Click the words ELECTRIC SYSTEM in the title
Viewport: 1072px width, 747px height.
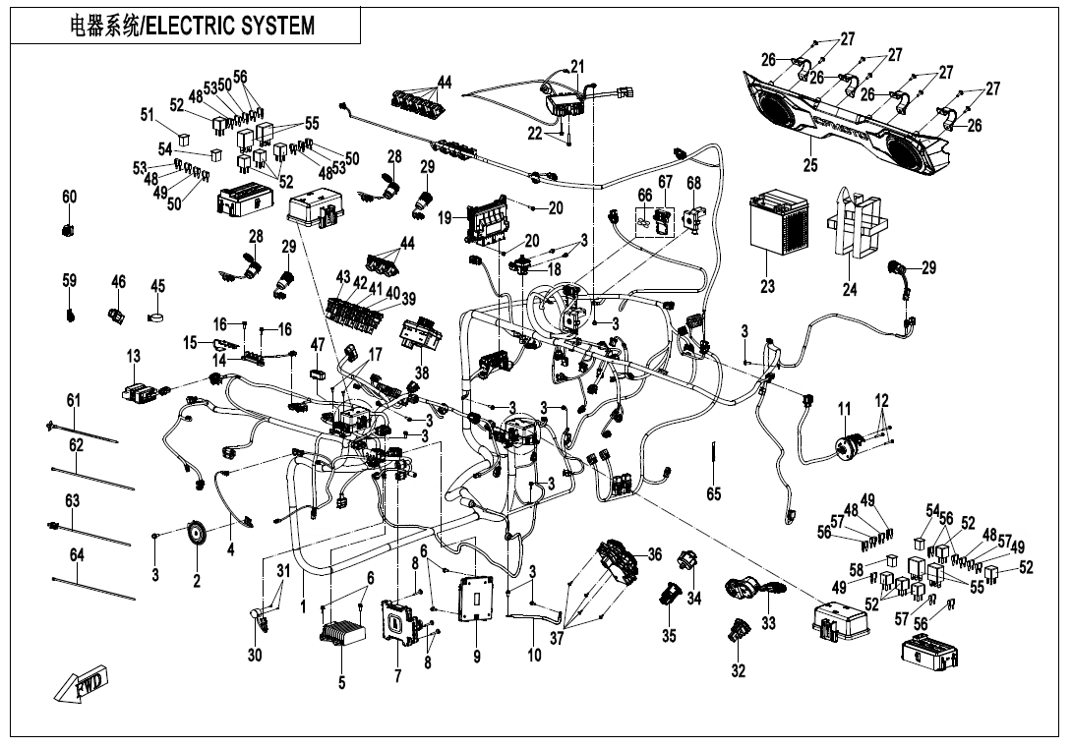coord(231,27)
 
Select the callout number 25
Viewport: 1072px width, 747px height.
coord(809,165)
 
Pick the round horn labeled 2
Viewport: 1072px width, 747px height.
coord(198,535)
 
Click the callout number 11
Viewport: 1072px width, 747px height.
coord(844,409)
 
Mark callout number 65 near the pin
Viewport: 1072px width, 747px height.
coord(714,494)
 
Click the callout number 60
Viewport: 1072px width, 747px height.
coord(69,198)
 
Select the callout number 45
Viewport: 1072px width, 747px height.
coord(157,286)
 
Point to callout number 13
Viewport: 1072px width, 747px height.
coord(134,356)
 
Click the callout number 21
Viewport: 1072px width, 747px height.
coord(577,67)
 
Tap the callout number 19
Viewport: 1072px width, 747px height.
coord(446,215)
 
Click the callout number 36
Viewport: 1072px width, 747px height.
coord(654,554)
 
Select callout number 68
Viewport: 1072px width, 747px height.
coord(693,183)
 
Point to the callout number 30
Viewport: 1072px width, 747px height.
coord(255,656)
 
